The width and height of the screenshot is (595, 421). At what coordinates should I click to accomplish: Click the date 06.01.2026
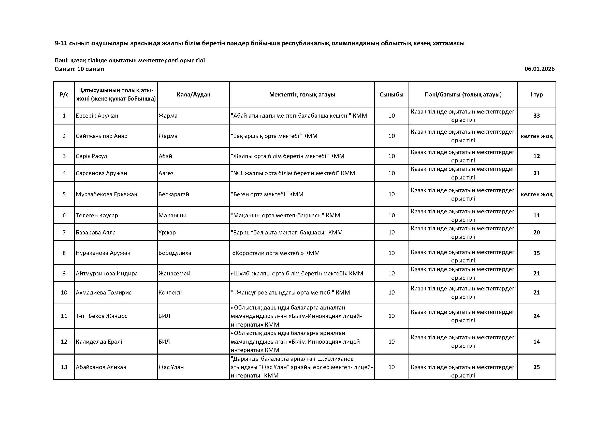coord(540,69)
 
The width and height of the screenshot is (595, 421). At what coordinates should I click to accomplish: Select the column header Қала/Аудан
coord(193,95)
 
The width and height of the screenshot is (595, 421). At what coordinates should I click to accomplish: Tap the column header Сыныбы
coord(391,95)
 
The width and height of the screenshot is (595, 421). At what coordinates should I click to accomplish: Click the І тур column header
coord(536,95)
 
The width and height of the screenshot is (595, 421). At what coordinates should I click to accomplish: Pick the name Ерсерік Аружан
coord(97,116)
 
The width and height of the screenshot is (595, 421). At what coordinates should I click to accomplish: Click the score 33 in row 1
coord(536,116)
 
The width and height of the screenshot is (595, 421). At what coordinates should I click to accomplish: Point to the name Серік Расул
coord(91,156)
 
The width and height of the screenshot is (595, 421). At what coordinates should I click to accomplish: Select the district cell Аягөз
coord(166,173)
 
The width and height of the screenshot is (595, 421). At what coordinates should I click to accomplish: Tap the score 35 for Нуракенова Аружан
coord(536,253)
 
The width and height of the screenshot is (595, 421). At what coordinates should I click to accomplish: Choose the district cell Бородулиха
coord(175,253)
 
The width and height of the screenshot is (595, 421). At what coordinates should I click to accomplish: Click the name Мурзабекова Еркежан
coord(107,194)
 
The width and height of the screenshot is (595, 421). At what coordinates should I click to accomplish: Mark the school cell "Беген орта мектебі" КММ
coord(267,194)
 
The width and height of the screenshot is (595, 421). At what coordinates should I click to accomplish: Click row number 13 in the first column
coord(64,367)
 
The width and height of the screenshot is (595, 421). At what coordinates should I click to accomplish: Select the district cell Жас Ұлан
coord(171,367)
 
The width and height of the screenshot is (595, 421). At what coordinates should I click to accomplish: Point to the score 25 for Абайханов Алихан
coord(536,367)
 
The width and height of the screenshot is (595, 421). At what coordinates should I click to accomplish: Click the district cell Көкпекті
coord(170,293)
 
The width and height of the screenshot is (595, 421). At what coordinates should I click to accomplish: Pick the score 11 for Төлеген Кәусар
coord(536,215)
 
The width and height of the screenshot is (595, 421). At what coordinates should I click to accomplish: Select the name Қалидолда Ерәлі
coord(99,342)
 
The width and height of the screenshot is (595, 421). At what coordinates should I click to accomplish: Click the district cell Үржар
coord(167,233)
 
